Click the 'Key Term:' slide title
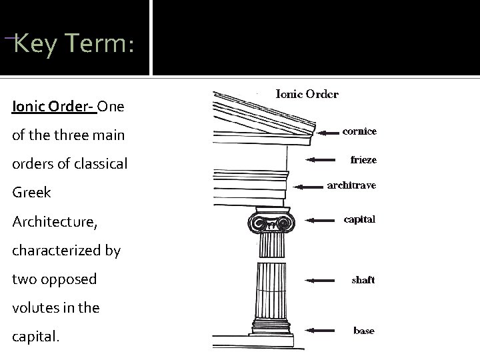pos(74,45)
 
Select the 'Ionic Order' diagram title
pos(307,94)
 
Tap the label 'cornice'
pos(359,131)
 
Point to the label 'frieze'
pos(363,160)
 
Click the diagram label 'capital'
pos(359,219)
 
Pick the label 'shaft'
pos(363,280)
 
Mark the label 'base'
pos(364,331)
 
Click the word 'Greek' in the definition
pos(32,193)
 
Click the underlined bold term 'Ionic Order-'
pos(54,107)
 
